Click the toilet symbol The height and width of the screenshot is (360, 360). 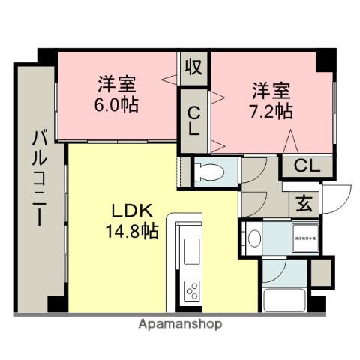click(211, 171)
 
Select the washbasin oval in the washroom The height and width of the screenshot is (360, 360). click(254, 239)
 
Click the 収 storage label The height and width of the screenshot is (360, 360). click(193, 67)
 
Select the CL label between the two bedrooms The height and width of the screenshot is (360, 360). click(193, 120)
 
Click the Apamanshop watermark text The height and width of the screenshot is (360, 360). click(180, 325)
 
